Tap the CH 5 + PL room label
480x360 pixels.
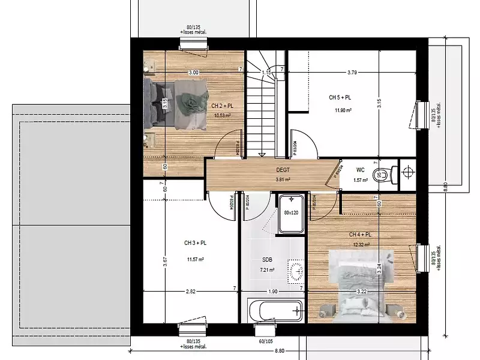pos(340,97)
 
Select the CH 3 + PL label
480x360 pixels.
pos(195,243)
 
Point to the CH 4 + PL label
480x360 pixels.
pos(360,235)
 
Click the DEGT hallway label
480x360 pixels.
pos(283,170)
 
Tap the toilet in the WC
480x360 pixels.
pos(381,176)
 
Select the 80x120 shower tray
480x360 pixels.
pos(291,212)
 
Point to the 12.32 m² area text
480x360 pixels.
pos(361,245)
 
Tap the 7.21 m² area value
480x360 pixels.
pos(267,270)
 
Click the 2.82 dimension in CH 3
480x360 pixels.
pos(190,291)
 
